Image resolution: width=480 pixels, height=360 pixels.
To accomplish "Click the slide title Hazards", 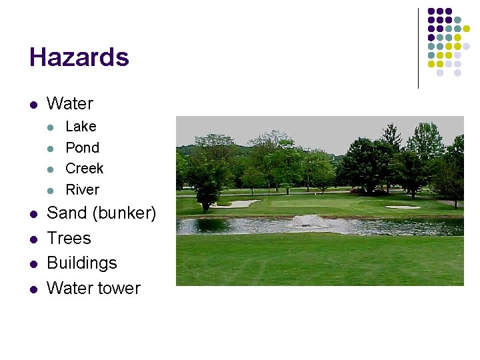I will point(79,57).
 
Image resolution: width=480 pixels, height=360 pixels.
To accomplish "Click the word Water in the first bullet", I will point(70,103).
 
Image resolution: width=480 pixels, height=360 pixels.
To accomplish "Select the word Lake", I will point(81,127).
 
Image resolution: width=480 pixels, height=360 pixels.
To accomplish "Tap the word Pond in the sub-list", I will point(82,147).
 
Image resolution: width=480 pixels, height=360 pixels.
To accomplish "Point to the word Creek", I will point(84,169).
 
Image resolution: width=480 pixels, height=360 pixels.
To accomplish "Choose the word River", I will point(82,190).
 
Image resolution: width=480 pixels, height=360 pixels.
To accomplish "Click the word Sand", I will point(67,213).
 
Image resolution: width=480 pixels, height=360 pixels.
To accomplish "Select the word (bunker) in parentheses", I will point(125,213).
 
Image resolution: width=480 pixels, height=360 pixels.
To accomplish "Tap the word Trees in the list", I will point(69,238).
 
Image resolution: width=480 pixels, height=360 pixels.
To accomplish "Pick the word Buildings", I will point(82,263).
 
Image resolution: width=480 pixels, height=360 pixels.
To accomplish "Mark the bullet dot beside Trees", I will point(32,239).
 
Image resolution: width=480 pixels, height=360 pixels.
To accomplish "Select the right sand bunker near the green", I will point(403,207).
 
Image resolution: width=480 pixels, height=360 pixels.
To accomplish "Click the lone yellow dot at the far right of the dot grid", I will point(467,29).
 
